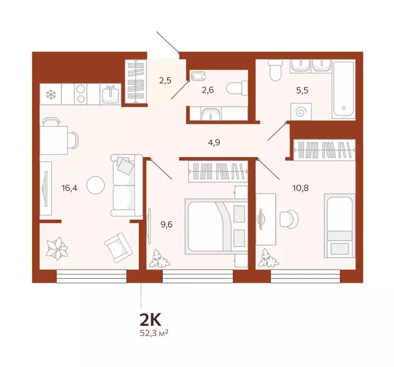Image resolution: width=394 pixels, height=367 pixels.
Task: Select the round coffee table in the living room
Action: click(96, 183)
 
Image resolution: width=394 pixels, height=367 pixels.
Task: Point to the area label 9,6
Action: click(167, 222)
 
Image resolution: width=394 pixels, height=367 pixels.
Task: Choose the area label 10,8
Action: click(301, 187)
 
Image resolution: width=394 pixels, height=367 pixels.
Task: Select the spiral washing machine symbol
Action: click(302, 113)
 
